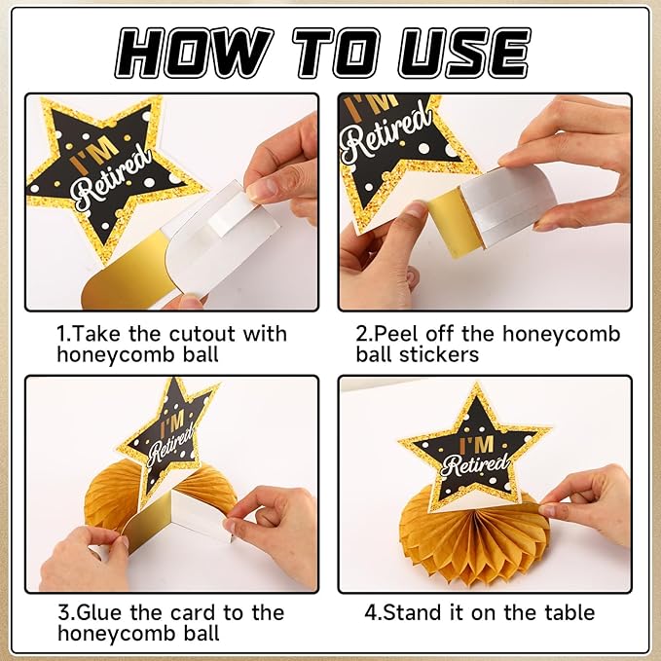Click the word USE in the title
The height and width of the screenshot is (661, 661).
click(x=464, y=54)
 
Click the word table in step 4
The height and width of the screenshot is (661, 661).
click(x=569, y=612)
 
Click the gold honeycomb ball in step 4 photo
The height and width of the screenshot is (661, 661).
click(x=474, y=544)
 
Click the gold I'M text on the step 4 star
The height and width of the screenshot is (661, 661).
click(x=476, y=445)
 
